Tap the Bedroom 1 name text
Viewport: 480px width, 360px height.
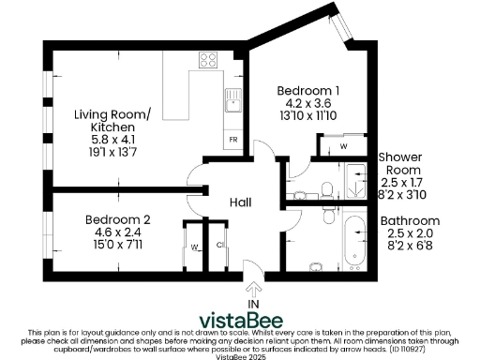pyautogui.click(x=308, y=91)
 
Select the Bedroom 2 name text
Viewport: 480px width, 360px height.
pyautogui.click(x=117, y=219)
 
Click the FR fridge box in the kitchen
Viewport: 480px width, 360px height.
pyautogui.click(x=233, y=140)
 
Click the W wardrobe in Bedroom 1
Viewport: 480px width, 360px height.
pyautogui.click(x=343, y=146)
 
